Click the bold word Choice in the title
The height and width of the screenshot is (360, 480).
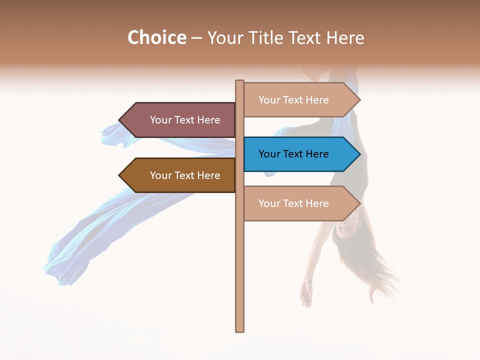[x=156, y=38]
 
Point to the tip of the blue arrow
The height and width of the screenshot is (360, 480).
[x=359, y=154]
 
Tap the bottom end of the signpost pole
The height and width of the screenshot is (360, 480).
[x=240, y=330]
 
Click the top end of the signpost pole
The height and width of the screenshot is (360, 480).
[x=240, y=81]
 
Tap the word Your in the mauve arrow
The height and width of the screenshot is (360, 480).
[x=161, y=120]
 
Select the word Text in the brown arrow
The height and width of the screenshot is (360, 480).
[x=185, y=175]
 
